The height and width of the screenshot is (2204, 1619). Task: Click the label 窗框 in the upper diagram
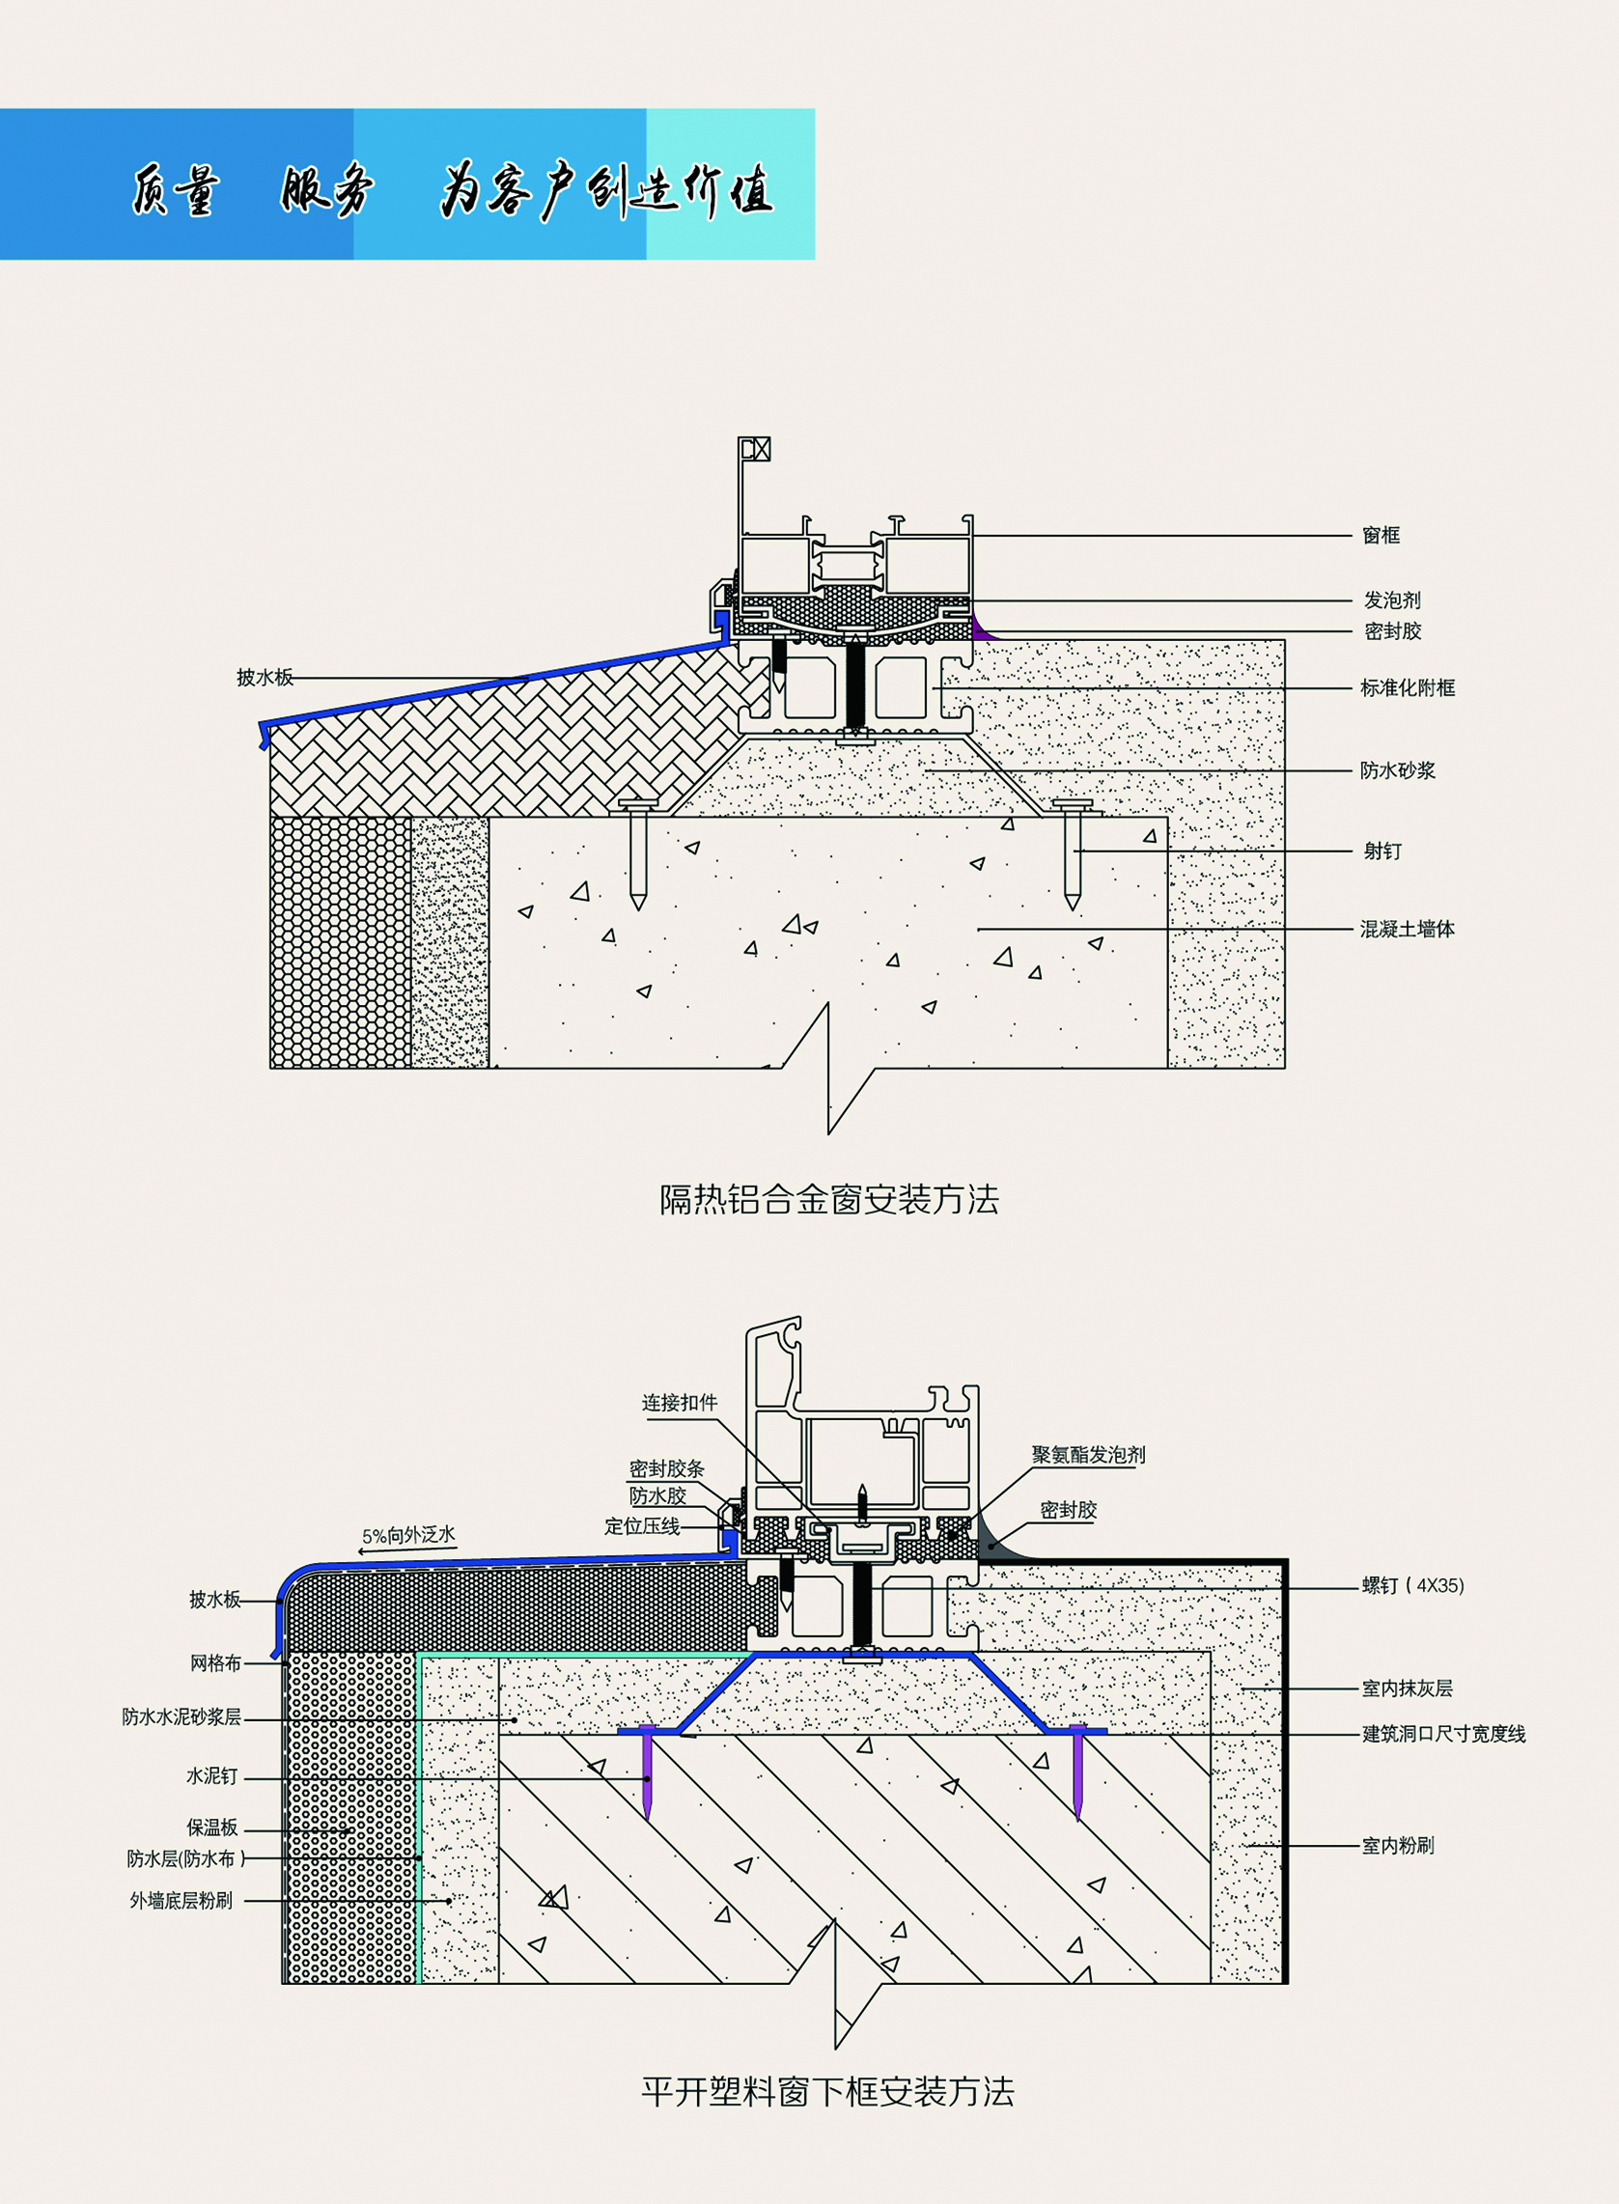click(x=1381, y=535)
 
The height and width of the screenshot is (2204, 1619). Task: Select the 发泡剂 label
click(x=1391, y=600)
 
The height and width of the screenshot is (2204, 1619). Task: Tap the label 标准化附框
click(x=1408, y=688)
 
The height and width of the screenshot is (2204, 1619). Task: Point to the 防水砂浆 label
click(x=1398, y=770)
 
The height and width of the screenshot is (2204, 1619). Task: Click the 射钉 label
click(x=1382, y=851)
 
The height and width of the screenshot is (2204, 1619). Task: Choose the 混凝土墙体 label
click(x=1408, y=929)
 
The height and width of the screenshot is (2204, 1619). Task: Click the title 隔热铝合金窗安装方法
click(x=828, y=1200)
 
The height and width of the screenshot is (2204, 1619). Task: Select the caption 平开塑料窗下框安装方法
click(x=827, y=2091)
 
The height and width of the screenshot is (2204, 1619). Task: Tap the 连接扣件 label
click(x=679, y=1403)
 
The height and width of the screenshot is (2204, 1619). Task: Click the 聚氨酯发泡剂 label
click(x=1088, y=1454)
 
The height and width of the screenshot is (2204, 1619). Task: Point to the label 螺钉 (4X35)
click(x=1412, y=1584)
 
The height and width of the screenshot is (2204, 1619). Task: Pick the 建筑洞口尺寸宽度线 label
click(x=1443, y=1734)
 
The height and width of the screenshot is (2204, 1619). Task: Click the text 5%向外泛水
click(x=408, y=1535)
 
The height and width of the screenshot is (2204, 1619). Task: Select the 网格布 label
click(x=215, y=1662)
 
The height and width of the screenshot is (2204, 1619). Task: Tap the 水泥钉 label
click(x=211, y=1775)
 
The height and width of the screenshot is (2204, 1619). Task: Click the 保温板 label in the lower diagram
click(x=212, y=1827)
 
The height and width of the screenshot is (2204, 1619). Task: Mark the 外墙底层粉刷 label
click(x=181, y=1900)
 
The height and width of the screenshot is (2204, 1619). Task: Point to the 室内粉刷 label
click(x=1398, y=1845)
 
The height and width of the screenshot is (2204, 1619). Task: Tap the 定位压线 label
click(x=642, y=1526)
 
